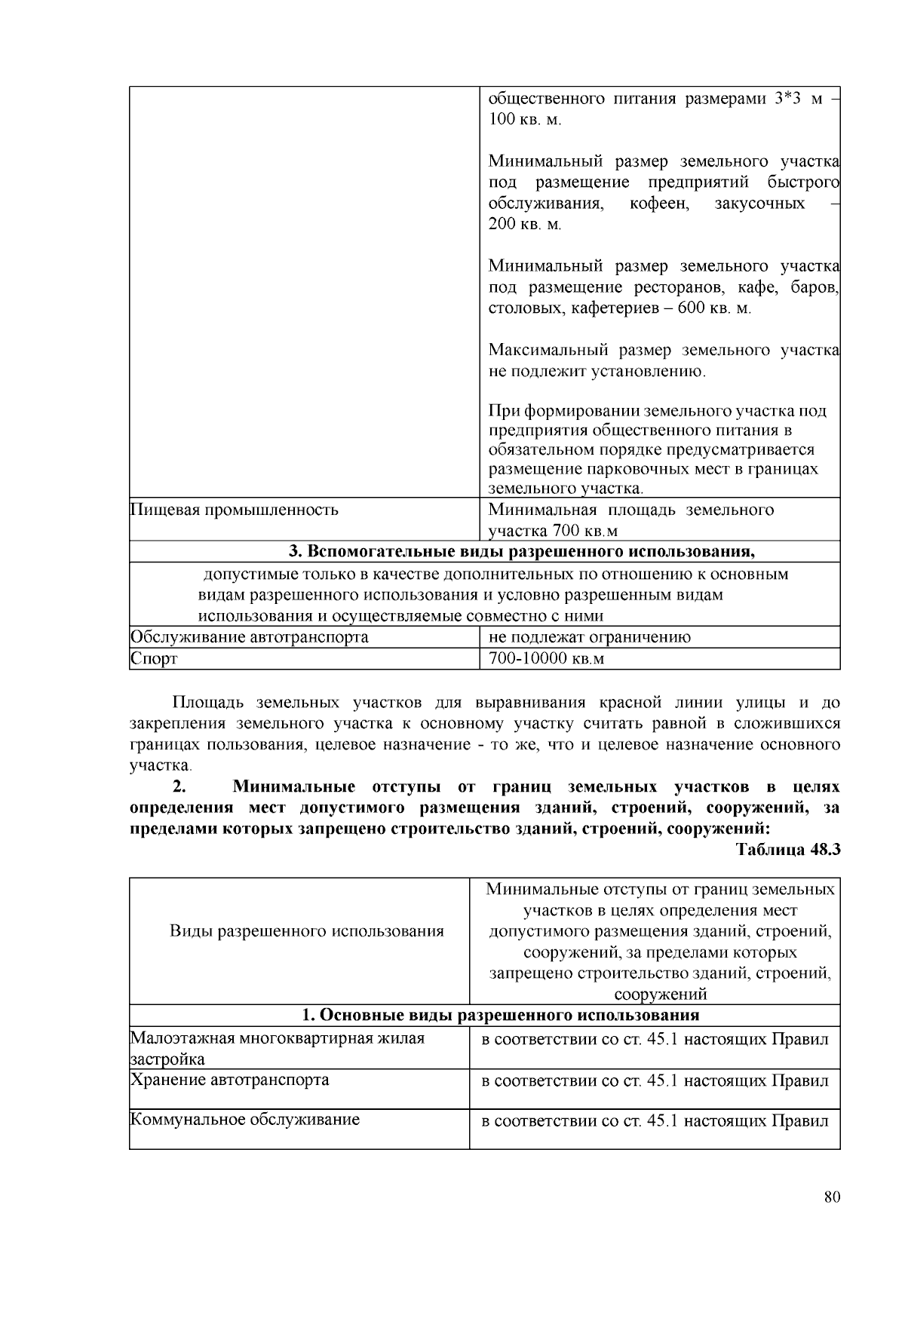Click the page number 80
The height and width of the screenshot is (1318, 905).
832,1197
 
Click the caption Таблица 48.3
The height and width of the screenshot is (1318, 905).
788,849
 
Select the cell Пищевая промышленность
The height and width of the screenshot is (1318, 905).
235,510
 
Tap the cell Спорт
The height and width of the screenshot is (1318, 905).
154,659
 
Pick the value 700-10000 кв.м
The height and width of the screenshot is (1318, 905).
547,659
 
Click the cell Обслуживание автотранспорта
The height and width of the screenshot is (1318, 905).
250,637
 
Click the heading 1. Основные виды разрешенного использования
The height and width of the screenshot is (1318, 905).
500,1015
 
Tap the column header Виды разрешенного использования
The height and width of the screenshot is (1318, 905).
306,931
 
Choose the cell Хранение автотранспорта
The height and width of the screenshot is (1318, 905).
230,1080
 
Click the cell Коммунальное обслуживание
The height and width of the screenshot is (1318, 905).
245,1120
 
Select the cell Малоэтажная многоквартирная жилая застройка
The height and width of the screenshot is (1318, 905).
277,1048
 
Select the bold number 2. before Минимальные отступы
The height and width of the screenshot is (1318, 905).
179,787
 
